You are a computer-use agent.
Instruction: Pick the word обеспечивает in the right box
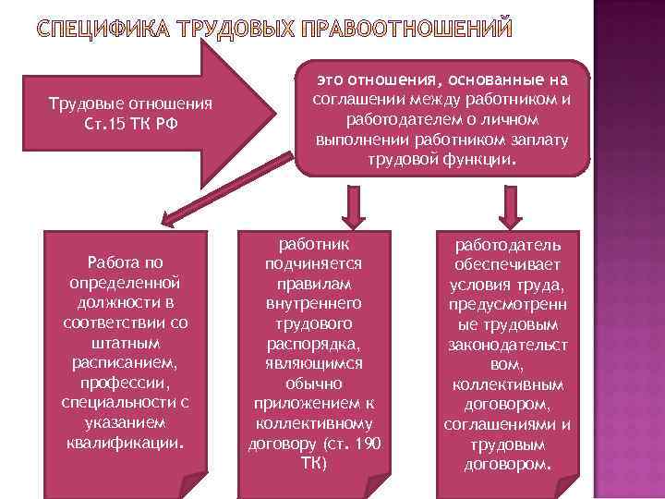506,264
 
